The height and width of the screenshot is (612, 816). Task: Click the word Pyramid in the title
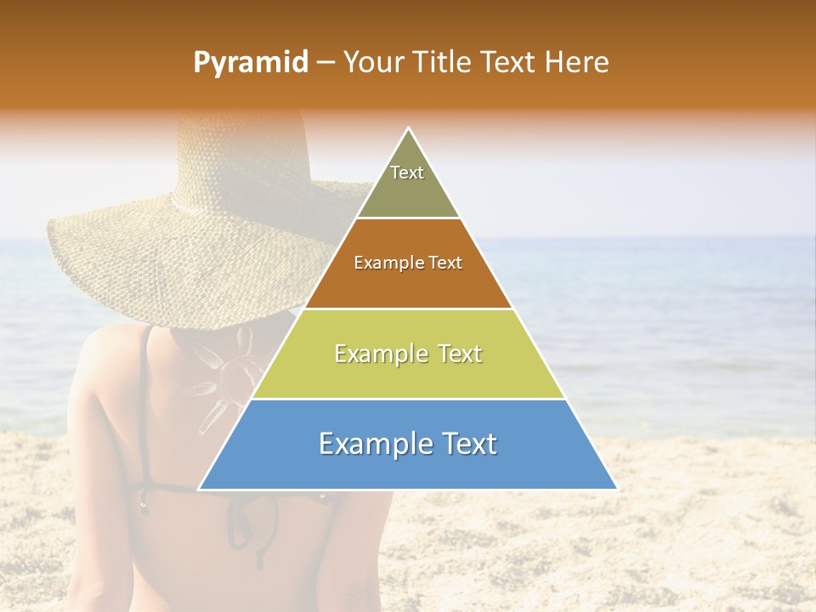pos(251,63)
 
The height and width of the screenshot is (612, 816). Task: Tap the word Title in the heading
pos(443,62)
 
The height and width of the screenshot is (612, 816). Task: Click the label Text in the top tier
pos(407,173)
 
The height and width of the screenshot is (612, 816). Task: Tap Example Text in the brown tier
pos(408,263)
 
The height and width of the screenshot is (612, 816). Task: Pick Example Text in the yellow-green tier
pos(408,354)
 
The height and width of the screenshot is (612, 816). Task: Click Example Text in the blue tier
pos(408,444)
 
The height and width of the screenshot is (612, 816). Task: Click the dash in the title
pos(326,62)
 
